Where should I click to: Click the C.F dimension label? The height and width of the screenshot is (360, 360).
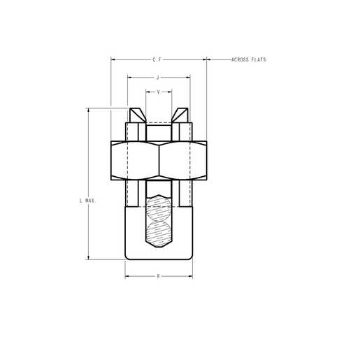(158, 60)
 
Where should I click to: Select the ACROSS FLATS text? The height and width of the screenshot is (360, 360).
(248, 60)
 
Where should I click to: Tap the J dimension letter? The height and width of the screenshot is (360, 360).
(158, 77)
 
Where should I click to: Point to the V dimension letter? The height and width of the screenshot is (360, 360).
(159, 92)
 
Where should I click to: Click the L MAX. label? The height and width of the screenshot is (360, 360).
(87, 201)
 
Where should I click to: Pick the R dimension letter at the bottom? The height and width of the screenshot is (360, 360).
(159, 277)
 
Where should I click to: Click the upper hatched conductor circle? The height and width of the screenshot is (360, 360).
(159, 209)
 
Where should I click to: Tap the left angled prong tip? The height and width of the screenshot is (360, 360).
(136, 114)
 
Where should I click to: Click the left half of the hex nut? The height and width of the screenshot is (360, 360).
(135, 161)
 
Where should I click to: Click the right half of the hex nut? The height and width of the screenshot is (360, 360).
(182, 161)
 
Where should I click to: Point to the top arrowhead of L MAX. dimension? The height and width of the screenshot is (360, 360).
(88, 110)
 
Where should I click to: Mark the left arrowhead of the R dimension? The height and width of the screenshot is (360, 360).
(127, 277)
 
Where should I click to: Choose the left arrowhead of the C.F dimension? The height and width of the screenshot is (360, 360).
(113, 60)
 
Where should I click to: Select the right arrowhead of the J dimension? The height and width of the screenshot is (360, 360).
(188, 77)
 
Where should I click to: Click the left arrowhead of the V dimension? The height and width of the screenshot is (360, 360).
(147, 92)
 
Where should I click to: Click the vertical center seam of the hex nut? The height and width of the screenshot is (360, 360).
(159, 161)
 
